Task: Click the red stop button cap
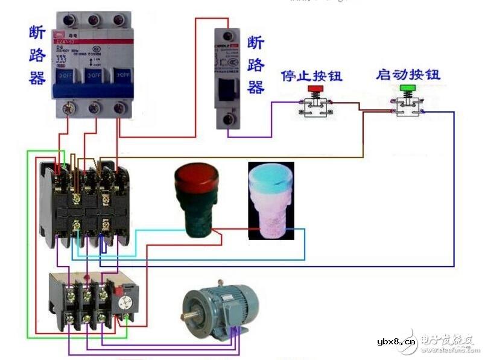[x=315, y=89]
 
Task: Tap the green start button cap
[x=408, y=89]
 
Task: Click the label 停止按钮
[x=311, y=76]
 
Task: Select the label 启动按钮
[x=408, y=75]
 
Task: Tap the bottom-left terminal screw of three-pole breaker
[x=68, y=109]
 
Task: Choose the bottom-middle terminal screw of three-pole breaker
[x=94, y=109]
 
